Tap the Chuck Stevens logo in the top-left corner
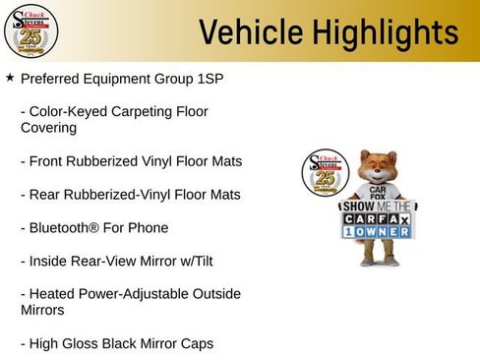point(31,31)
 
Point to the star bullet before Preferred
point(10,77)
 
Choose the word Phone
point(148,228)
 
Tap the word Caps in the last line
point(197,343)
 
